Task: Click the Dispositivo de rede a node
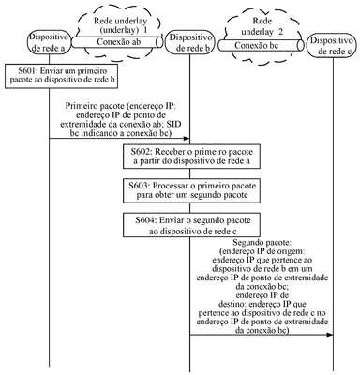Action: point(50,42)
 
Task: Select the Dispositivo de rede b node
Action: point(189,42)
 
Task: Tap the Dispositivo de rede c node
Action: point(333,46)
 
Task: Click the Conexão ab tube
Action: point(117,42)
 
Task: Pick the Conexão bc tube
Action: point(261,45)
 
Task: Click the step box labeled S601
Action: point(62,76)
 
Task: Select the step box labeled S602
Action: point(191,157)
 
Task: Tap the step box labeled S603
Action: point(191,190)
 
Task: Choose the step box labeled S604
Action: point(191,225)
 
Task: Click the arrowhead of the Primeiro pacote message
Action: point(187,138)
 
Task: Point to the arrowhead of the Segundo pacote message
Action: point(329,335)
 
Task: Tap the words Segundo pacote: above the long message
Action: point(262,242)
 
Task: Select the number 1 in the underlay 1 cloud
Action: point(144,30)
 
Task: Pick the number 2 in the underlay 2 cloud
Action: point(280,32)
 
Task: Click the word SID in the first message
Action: point(173,125)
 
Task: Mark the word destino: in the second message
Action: point(232,304)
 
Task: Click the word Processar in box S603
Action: point(169,186)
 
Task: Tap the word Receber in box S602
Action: point(169,152)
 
